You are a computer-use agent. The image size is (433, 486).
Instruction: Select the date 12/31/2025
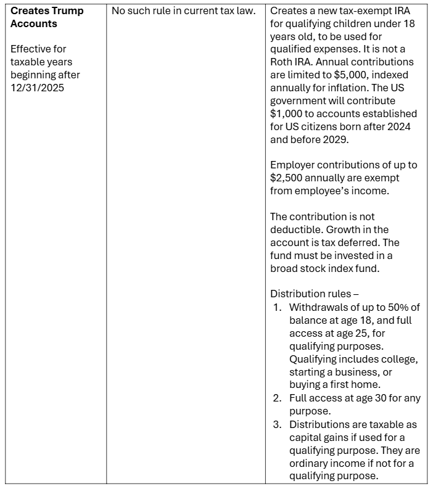(36, 88)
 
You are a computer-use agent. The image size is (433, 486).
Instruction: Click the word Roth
(282, 62)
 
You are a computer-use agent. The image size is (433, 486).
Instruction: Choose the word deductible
(295, 229)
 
